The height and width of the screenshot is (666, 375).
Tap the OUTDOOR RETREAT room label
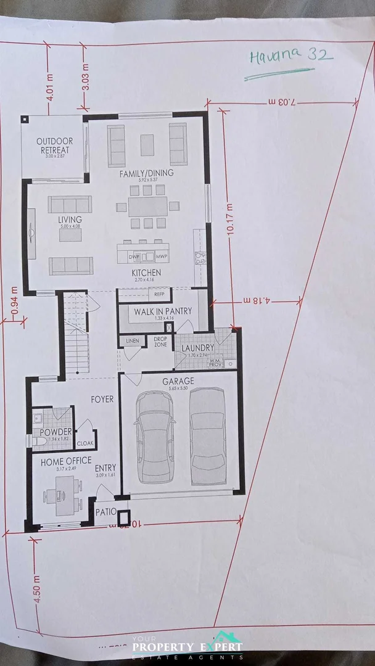54,146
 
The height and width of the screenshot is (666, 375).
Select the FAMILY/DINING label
146,173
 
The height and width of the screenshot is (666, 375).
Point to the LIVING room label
70,220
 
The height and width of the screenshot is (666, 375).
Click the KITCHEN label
146,273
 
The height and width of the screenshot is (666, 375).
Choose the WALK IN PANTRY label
163,311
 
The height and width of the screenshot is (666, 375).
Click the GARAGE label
178,381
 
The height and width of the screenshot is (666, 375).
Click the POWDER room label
56,432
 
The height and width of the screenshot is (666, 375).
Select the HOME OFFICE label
66,461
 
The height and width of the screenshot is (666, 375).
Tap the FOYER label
102,400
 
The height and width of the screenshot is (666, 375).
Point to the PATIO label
105,511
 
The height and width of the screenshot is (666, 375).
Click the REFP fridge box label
159,294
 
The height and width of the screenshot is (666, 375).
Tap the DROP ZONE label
160,342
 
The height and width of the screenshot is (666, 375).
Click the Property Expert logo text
187,647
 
